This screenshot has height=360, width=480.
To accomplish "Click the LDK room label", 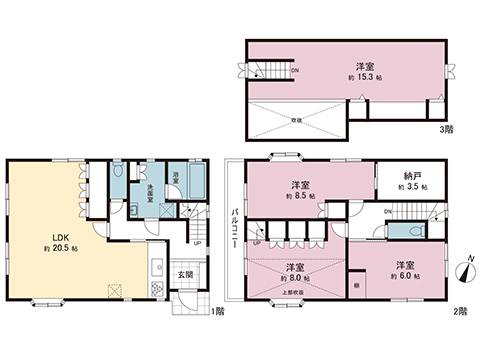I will [48, 238].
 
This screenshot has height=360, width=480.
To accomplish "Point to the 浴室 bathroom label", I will [176, 177].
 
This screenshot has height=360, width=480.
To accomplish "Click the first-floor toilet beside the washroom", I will [119, 175].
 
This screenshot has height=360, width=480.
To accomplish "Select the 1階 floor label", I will [218, 311].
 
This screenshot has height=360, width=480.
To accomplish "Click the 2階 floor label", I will [459, 311].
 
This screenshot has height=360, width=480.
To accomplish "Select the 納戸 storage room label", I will [411, 175].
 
